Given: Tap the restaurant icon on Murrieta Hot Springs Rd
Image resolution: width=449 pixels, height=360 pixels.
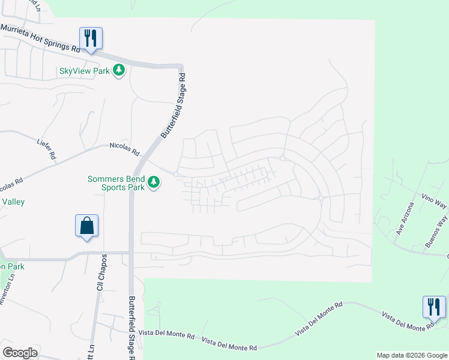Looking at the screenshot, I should click(91, 38).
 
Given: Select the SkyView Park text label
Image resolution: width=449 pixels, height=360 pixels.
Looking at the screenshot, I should click(84, 71).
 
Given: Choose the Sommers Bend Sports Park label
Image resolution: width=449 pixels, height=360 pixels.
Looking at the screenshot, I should click(116, 183).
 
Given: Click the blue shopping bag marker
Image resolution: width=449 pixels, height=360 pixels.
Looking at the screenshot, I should click(87, 226).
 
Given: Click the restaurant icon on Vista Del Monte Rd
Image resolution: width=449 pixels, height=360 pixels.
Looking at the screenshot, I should click(433, 307).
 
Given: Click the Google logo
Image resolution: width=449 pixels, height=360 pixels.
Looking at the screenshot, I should click(20, 353).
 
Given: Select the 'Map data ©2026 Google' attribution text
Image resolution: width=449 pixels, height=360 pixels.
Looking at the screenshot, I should click(411, 355).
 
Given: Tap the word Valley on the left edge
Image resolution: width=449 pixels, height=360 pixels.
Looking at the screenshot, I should click(13, 202).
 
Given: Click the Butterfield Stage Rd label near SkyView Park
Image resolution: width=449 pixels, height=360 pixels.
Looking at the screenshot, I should click(172, 107).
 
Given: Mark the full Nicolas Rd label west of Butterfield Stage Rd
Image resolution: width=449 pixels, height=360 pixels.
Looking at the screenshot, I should click(124, 145).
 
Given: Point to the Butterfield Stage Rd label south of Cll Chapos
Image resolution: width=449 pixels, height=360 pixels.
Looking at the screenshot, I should click(132, 327).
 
